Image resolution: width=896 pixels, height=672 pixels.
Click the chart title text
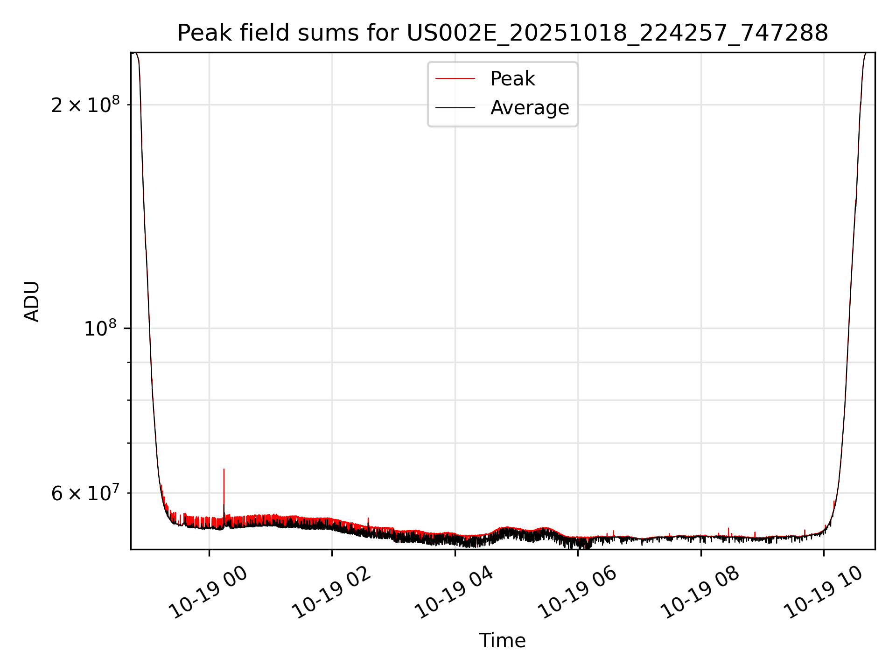tap(503, 33)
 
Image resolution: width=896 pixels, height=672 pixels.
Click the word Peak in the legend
tap(512, 79)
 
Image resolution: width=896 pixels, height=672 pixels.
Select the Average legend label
tap(530, 108)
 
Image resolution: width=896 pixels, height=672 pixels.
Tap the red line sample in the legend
tap(455, 79)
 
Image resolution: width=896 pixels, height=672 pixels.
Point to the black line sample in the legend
tap(455, 108)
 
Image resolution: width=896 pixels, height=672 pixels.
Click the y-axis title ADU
tap(32, 301)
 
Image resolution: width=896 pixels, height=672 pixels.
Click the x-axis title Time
tap(502, 641)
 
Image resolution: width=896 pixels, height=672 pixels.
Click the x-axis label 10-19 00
tap(209, 593)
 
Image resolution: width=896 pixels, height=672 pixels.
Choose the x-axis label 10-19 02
tap(332, 593)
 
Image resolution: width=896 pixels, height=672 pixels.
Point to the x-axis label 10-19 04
tap(455, 593)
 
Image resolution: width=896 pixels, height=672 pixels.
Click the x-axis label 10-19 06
tap(578, 593)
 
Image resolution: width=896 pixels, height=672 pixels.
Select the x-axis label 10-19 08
tap(700, 593)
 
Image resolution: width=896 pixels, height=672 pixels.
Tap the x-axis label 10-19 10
tap(824, 593)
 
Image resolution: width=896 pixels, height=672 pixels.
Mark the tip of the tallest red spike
tap(224, 469)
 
